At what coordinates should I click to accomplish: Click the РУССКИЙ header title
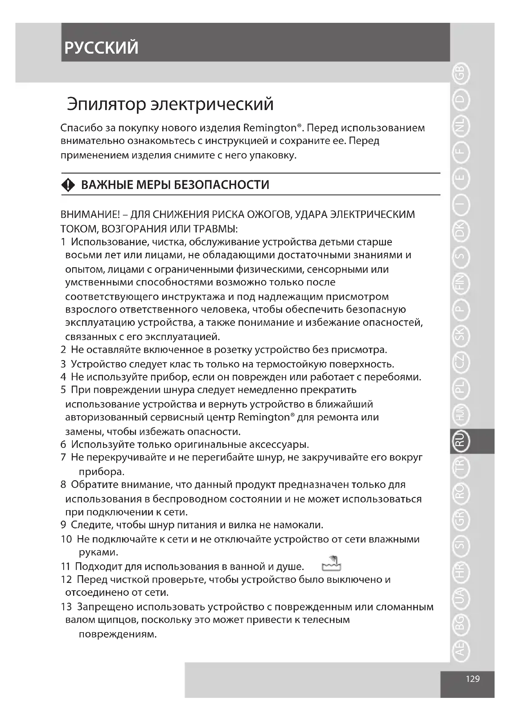101,48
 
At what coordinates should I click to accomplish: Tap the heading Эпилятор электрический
170,104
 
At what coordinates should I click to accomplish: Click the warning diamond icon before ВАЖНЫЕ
68,185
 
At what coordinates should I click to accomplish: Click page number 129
473,678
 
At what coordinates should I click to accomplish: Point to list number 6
64,444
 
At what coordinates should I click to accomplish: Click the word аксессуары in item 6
279,444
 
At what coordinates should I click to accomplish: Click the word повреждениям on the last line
117,634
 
